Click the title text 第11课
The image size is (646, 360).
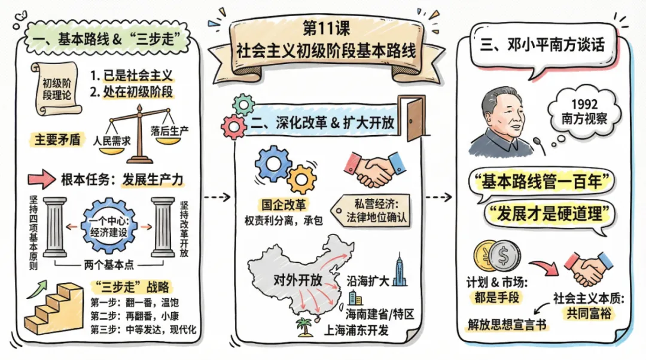click(x=324, y=28)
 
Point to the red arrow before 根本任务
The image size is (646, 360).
click(x=41, y=178)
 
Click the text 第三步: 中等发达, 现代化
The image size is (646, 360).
click(x=144, y=330)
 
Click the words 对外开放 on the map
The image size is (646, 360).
click(x=297, y=280)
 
